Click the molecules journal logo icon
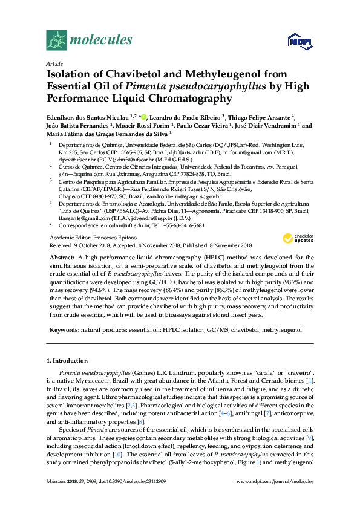coord(57,41)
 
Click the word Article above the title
coord(54,63)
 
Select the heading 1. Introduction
coord(68,361)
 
